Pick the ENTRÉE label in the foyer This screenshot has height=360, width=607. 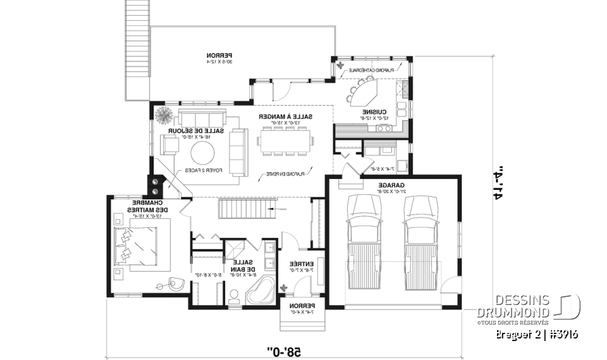(301, 264)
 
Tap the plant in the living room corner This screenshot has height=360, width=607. (164, 116)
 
